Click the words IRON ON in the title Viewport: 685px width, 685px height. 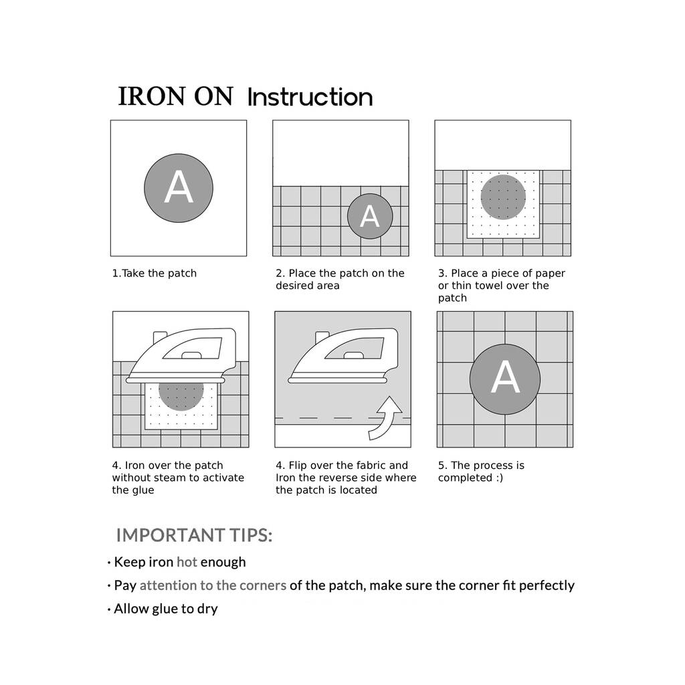(176, 96)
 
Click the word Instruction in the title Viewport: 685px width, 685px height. (310, 97)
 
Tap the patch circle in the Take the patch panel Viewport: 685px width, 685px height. (179, 188)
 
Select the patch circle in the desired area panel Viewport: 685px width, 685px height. (370, 216)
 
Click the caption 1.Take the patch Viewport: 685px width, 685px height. (155, 274)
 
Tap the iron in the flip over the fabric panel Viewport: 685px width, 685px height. (343, 356)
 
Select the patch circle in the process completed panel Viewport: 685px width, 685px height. (505, 379)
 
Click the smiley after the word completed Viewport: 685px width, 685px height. (499, 478)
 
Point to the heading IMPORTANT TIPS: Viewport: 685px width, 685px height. (194, 535)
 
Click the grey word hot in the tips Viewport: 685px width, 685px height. (187, 562)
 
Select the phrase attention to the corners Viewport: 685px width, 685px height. (213, 585)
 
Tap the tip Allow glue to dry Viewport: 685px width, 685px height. (166, 609)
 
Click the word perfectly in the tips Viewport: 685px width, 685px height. (547, 586)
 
